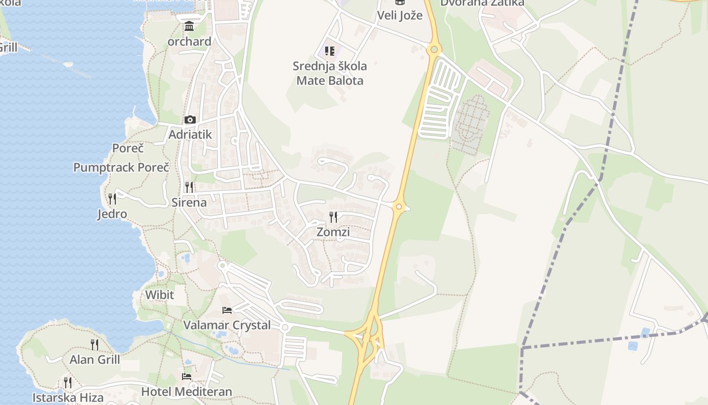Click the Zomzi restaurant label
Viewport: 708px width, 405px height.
(333, 232)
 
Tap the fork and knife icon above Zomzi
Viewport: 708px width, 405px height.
(333, 217)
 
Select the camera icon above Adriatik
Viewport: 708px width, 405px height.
(190, 120)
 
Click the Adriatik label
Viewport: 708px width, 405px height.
(190, 135)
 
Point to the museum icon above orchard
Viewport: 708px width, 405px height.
(189, 26)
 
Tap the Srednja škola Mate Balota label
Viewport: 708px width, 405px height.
(330, 73)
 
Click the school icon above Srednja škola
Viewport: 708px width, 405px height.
(330, 51)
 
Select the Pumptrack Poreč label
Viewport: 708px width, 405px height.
(121, 168)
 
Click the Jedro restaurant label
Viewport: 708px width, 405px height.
(112, 214)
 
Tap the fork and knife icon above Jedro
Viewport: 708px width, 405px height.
(112, 198)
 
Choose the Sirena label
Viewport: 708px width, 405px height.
(189, 202)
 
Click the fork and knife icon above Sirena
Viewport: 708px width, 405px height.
(189, 187)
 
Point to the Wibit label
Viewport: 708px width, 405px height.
(159, 295)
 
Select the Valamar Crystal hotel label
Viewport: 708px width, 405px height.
(227, 325)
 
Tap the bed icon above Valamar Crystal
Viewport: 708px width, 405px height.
(227, 310)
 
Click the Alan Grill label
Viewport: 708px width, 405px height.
(95, 360)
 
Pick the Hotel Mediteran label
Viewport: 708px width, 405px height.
(187, 391)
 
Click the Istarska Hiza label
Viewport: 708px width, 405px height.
(68, 397)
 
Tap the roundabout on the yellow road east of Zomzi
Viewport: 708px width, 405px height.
(399, 207)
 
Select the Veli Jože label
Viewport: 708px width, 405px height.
(400, 15)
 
